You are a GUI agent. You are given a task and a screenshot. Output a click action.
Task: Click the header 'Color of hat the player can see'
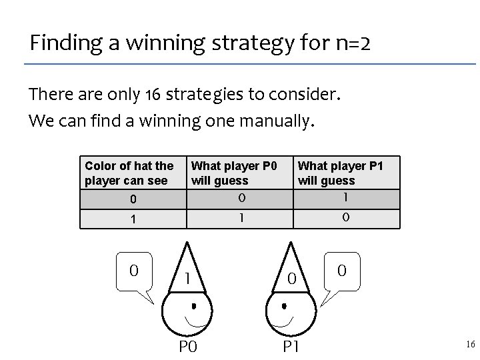click(x=129, y=173)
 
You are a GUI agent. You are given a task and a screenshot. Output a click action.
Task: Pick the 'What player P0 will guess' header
click(x=234, y=173)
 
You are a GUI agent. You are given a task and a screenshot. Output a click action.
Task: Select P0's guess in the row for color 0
click(x=242, y=198)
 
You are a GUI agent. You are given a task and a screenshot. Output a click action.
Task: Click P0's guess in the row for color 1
click(x=242, y=219)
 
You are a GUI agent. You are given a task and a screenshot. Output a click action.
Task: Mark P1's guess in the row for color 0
click(x=345, y=198)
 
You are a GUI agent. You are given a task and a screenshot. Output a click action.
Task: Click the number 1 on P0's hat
click(x=189, y=279)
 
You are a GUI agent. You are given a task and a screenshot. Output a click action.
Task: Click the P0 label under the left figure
click(x=188, y=345)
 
